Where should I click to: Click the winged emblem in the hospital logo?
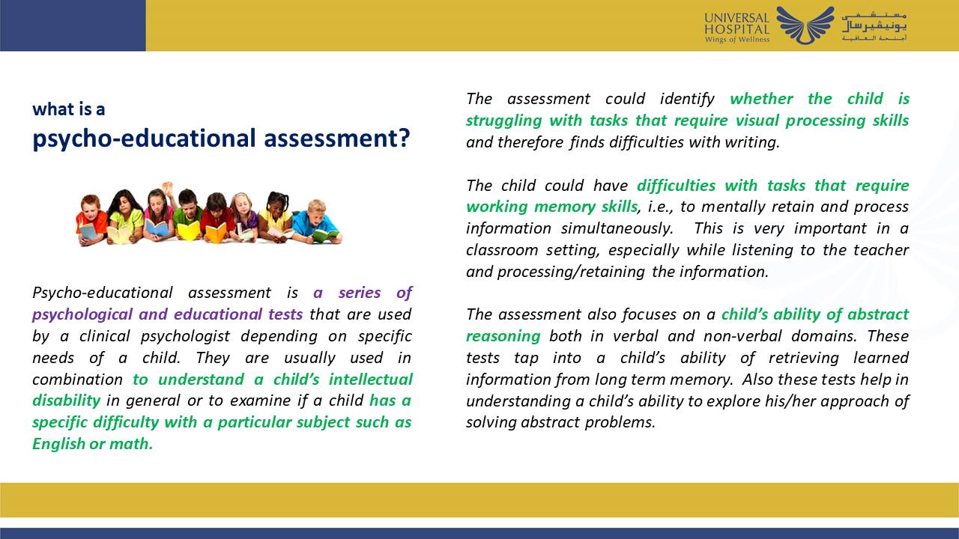click(x=805, y=24)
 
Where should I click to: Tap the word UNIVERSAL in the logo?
click(x=736, y=18)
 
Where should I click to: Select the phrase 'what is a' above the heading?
click(x=68, y=109)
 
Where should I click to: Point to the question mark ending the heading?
click(x=404, y=138)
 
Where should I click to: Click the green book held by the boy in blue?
click(x=324, y=234)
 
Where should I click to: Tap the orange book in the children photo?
click(x=216, y=233)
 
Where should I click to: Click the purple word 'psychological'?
click(x=82, y=314)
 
